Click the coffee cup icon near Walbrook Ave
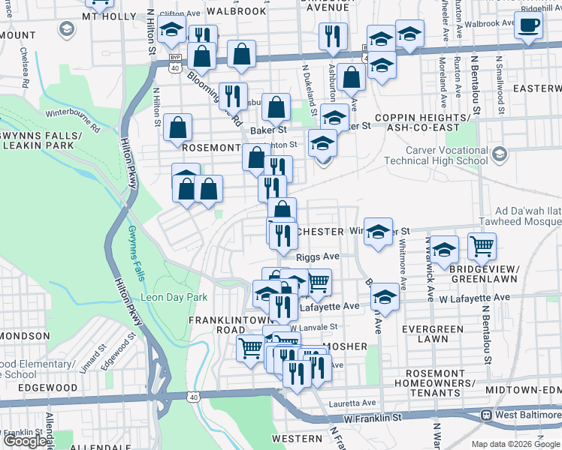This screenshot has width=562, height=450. pos(528,24)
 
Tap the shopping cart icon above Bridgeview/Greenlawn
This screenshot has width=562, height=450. pos(482,245)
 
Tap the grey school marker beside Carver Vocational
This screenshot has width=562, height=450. pos(500,154)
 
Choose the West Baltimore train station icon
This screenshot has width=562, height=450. pos(487,415)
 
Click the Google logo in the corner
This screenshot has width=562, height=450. pos(25,441)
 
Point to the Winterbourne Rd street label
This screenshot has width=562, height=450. pos(73,118)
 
